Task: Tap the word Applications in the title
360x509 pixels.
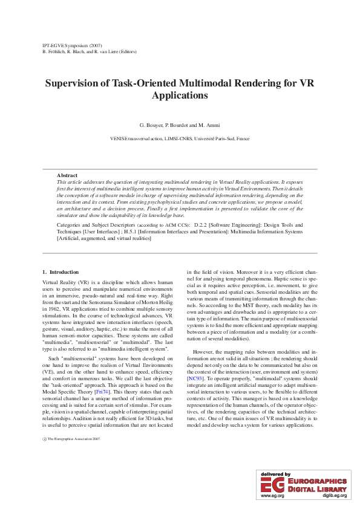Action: click(x=180, y=96)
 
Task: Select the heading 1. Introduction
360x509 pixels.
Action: click(x=61, y=272)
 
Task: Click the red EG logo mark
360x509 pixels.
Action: click(x=270, y=484)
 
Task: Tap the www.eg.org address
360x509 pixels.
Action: click(x=272, y=496)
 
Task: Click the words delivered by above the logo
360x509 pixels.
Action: click(x=275, y=474)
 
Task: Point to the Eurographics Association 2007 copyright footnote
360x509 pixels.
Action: click(x=74, y=439)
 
